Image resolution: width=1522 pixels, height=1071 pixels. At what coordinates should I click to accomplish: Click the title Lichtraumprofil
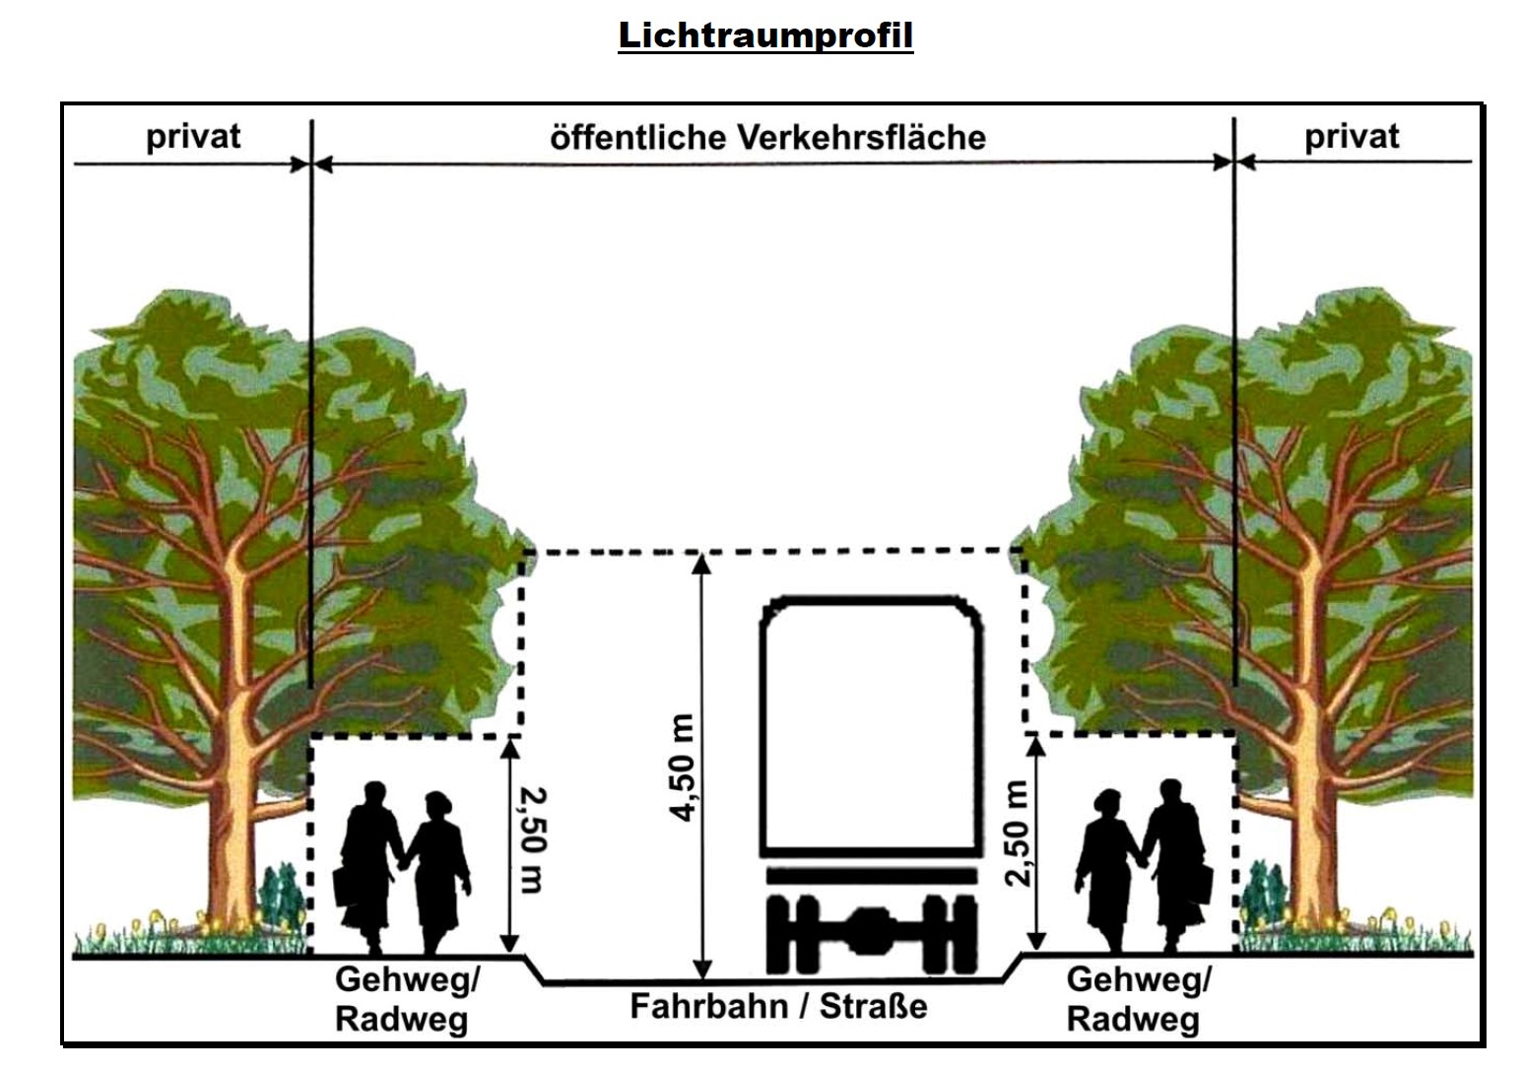pos(765,35)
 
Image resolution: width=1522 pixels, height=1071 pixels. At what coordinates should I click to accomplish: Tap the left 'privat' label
pos(193,136)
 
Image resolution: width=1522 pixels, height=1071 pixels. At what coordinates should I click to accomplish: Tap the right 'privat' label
pos(1351,136)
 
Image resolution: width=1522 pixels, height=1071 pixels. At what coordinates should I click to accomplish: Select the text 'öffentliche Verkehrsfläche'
pos(767,137)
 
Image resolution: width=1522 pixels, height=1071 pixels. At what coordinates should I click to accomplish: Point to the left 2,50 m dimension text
pos(532,839)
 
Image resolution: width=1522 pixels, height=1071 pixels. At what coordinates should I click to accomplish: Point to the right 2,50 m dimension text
pos(1018,834)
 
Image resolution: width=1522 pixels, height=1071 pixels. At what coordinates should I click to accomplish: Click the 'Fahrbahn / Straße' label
pos(778,1006)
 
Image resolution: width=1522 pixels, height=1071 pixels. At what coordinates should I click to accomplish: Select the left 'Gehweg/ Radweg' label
pos(406,999)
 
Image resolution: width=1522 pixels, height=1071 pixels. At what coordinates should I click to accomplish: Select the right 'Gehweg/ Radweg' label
pos(1138,999)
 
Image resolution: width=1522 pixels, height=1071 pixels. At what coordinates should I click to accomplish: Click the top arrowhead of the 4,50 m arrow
pos(700,562)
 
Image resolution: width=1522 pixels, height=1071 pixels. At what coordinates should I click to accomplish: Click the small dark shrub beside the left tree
pos(281,897)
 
